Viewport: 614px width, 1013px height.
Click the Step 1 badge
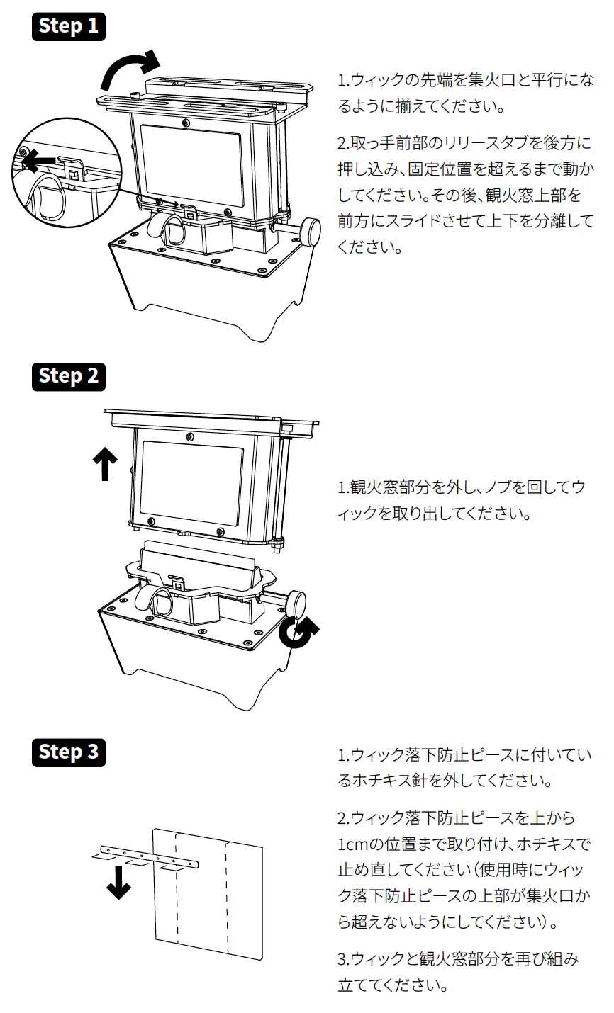[69, 26]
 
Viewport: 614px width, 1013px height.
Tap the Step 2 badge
[69, 375]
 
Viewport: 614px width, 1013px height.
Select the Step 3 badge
[69, 752]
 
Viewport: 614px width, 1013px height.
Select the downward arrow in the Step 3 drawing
[118, 883]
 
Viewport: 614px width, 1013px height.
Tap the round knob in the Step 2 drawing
[296, 604]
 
